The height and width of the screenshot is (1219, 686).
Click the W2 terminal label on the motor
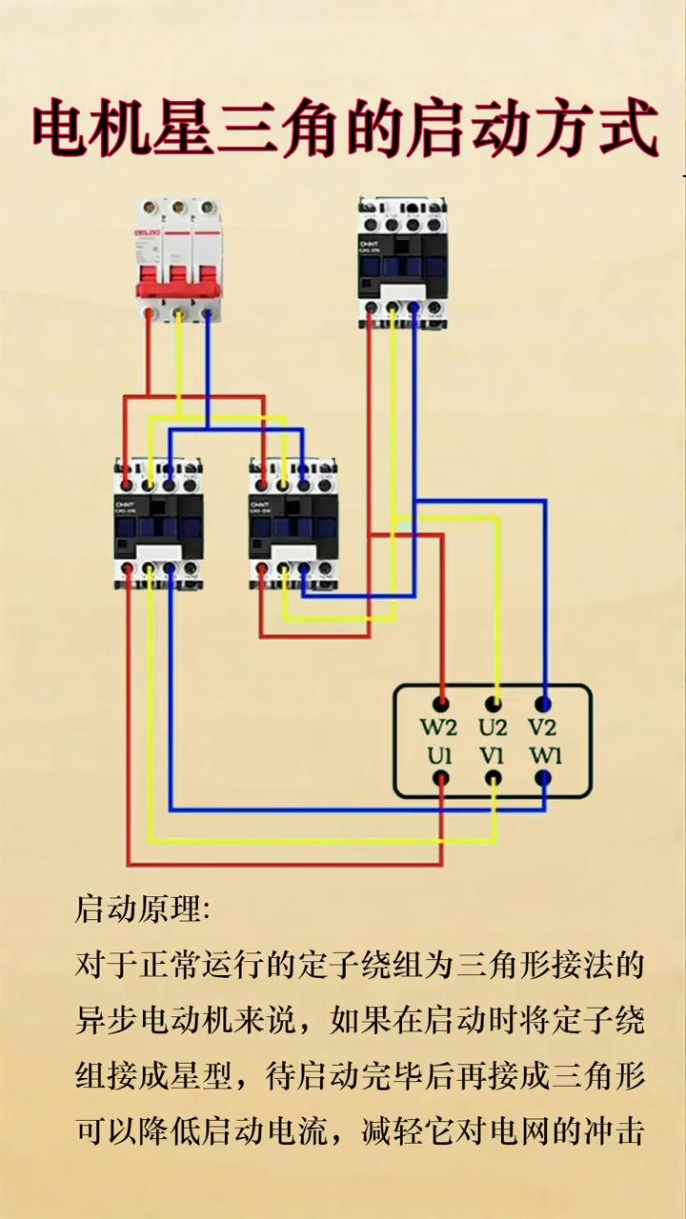coord(439,729)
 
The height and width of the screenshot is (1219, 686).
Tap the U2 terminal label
coord(493,729)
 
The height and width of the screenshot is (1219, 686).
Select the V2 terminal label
coord(542,729)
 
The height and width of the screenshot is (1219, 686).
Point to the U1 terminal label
coord(439,758)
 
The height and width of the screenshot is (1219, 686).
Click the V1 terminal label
coord(492,758)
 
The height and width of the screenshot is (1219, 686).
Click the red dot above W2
coord(440,705)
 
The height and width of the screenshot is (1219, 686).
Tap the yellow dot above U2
coord(494,705)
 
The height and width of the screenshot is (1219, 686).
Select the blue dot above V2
coord(543,705)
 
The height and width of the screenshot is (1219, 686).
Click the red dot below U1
coord(440,779)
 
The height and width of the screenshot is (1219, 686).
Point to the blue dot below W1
coord(543,779)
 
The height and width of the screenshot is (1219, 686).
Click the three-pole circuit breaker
coord(178,259)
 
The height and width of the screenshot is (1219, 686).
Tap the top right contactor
coord(403,261)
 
